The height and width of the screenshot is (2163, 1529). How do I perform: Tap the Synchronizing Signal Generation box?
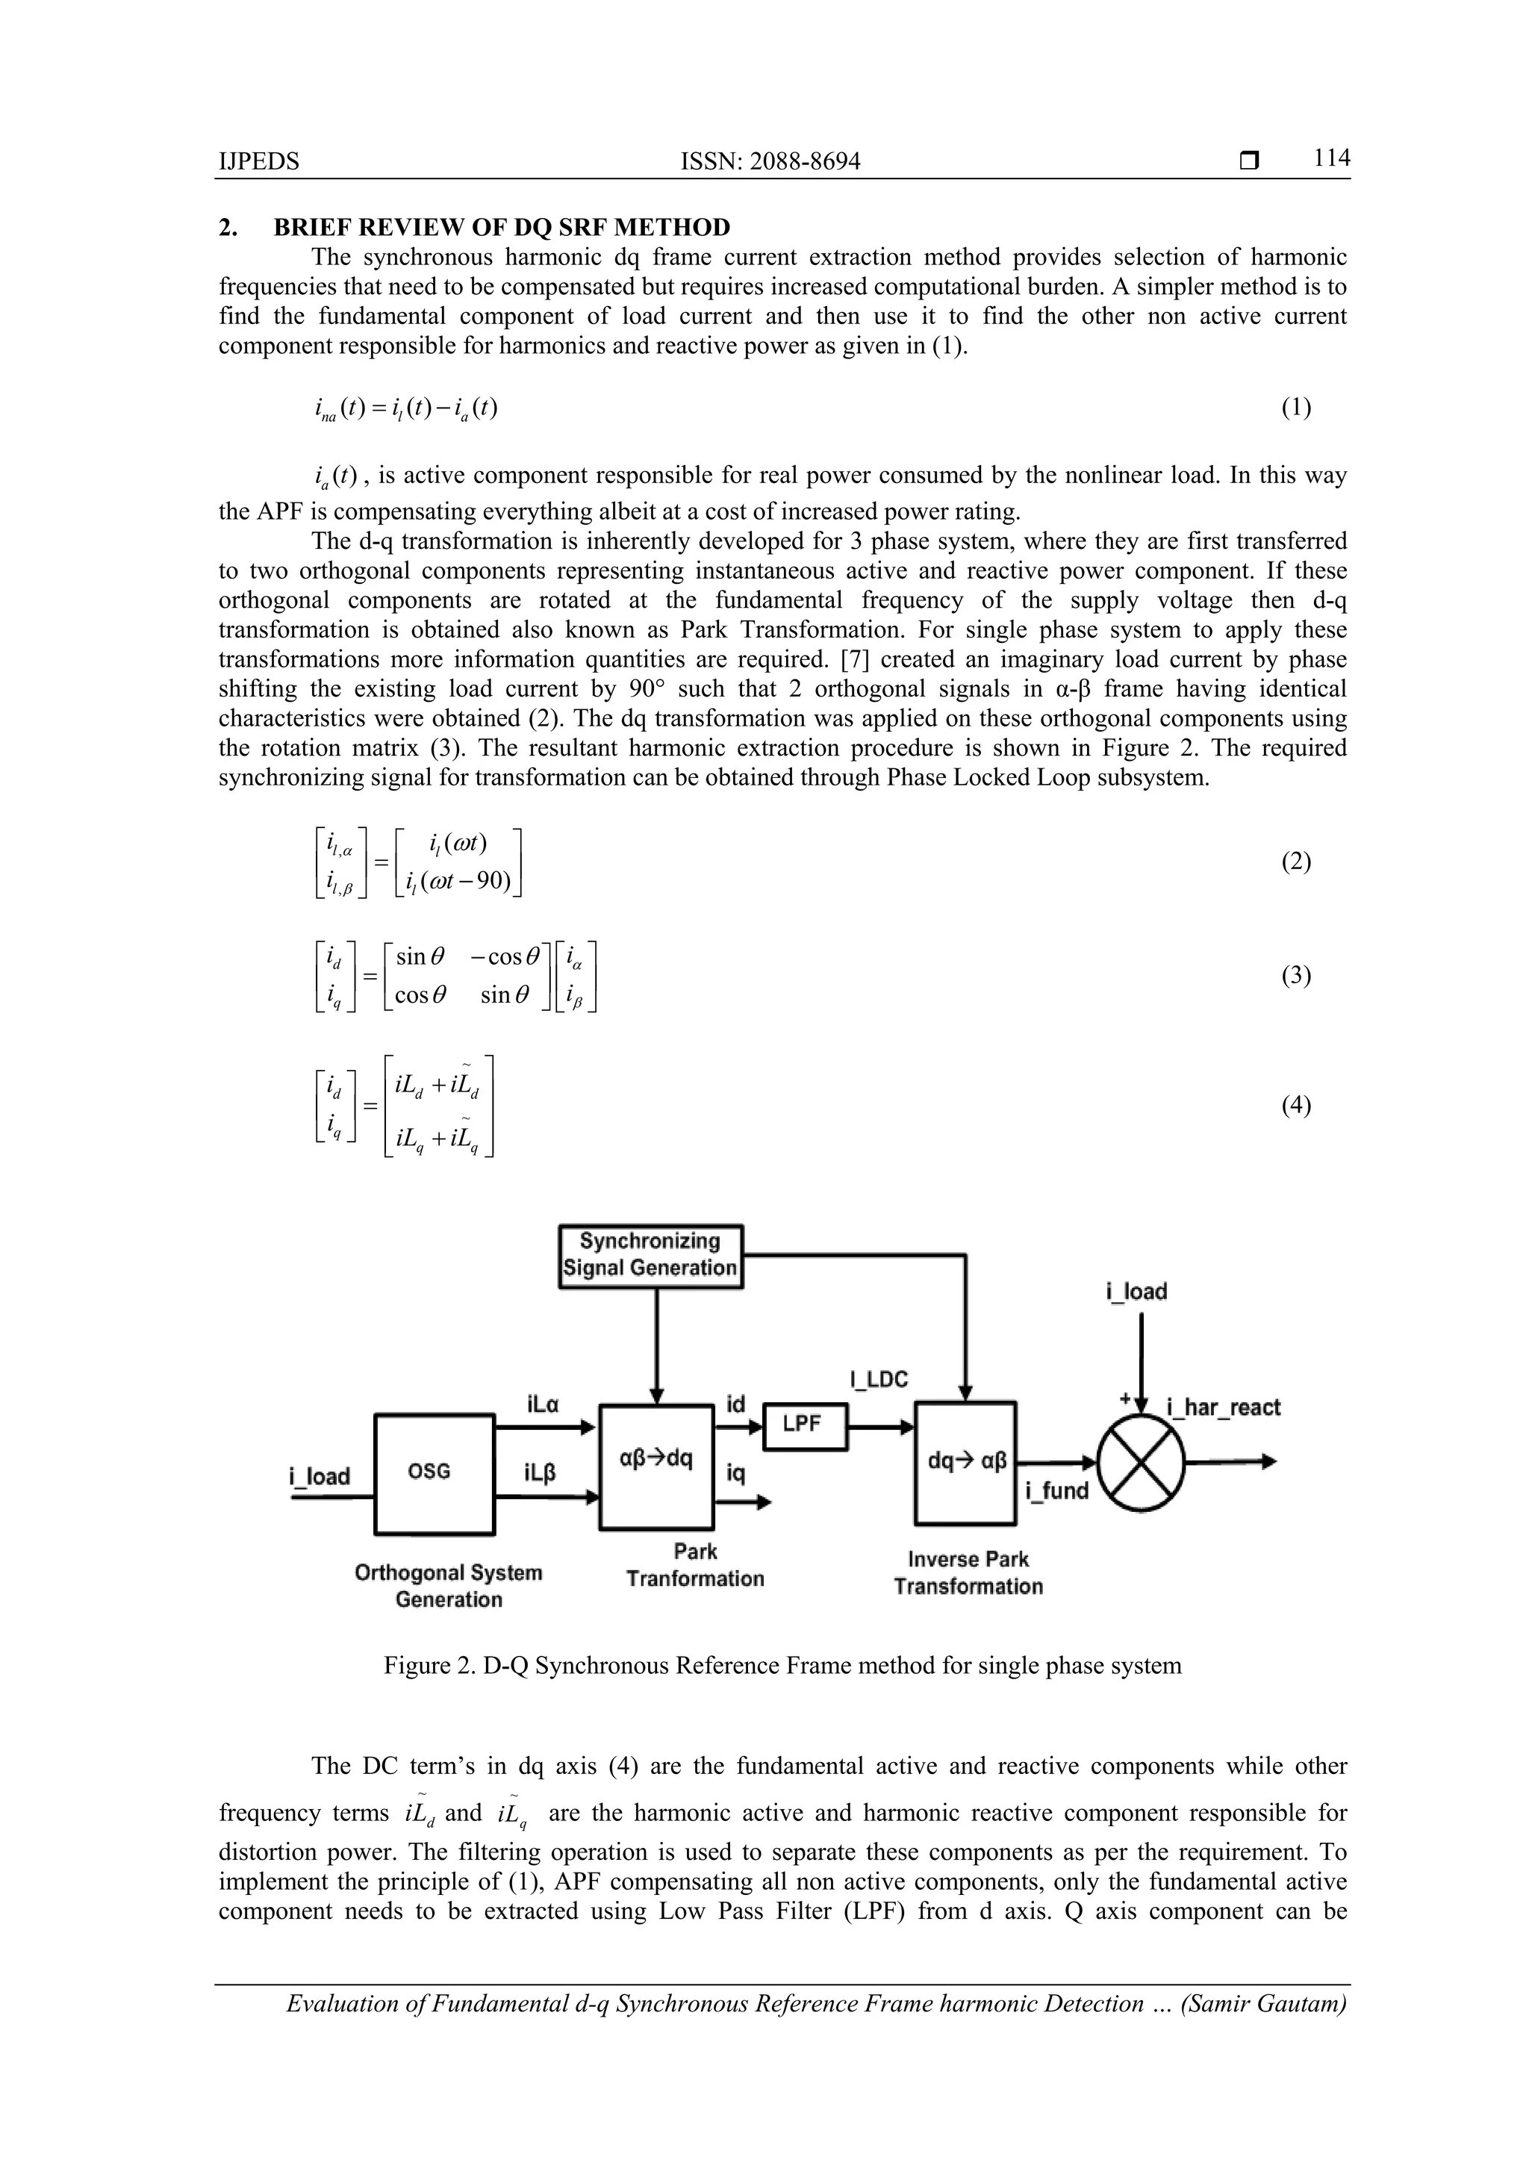(x=650, y=1256)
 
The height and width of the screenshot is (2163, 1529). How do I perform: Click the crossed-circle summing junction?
(x=1141, y=1462)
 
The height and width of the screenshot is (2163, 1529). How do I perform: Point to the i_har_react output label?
(x=1223, y=1407)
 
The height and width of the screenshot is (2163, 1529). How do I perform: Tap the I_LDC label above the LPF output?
(x=878, y=1380)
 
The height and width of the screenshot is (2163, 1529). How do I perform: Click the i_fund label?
(x=1057, y=1490)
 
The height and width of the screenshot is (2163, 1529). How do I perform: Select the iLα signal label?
(x=544, y=1404)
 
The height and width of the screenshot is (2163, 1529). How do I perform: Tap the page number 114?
(x=1331, y=158)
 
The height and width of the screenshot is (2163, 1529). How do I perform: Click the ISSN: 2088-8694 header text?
(x=770, y=162)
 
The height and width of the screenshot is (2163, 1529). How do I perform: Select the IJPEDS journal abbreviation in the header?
(x=259, y=162)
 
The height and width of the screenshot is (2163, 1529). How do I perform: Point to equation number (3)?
(x=1295, y=975)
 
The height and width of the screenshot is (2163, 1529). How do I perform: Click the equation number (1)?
(x=1295, y=407)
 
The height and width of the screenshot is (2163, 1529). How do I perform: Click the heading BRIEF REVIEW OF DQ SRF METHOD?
(x=501, y=227)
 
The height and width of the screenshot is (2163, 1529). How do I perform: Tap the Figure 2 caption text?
(x=782, y=1665)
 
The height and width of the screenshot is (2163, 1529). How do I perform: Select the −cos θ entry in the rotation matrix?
(x=504, y=957)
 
